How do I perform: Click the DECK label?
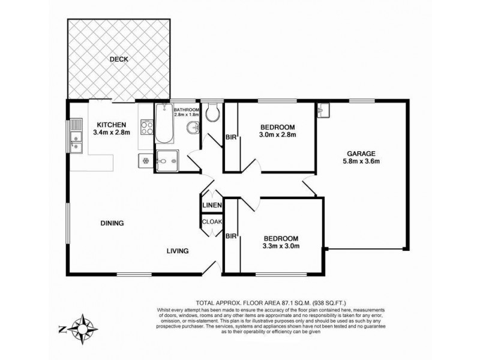[119, 59]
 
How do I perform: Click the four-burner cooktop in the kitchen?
[146, 127]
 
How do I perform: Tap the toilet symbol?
[211, 112]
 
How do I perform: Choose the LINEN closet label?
[212, 206]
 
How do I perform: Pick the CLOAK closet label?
[212, 221]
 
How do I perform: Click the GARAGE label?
[360, 152]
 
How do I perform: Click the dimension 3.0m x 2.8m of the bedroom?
[278, 135]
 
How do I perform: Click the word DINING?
[112, 223]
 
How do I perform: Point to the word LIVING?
[178, 251]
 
